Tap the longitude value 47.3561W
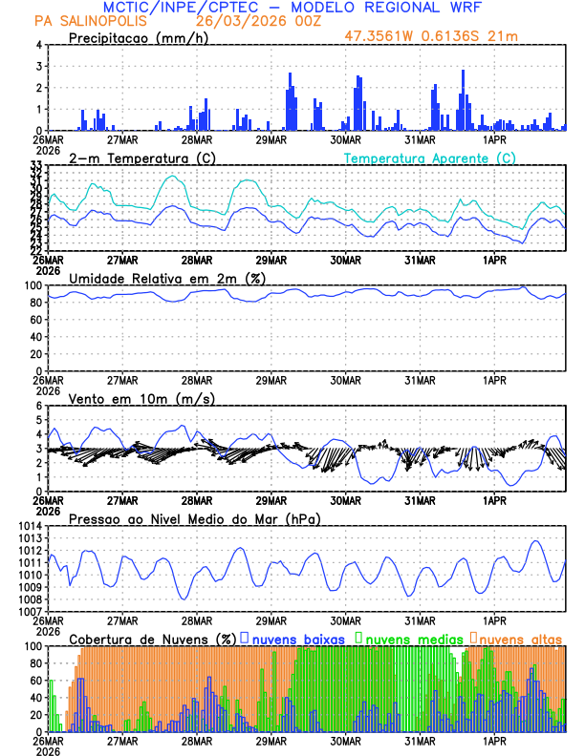(384, 36)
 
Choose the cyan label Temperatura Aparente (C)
(430, 157)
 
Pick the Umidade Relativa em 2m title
(166, 278)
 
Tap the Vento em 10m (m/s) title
(141, 398)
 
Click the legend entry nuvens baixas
(297, 638)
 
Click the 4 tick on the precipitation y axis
(38, 45)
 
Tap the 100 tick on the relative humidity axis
(32, 285)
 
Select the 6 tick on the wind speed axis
(38, 406)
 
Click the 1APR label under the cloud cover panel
(494, 740)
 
